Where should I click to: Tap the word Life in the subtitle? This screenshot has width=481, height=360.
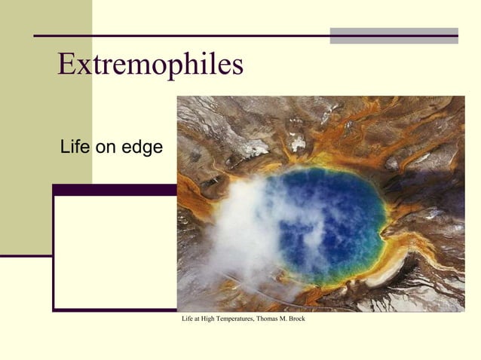tap(75, 148)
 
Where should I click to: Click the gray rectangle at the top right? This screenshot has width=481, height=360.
tap(394, 35)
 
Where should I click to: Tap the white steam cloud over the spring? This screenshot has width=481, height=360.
tap(241, 226)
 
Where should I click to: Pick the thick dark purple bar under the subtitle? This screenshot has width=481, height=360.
tap(113, 190)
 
